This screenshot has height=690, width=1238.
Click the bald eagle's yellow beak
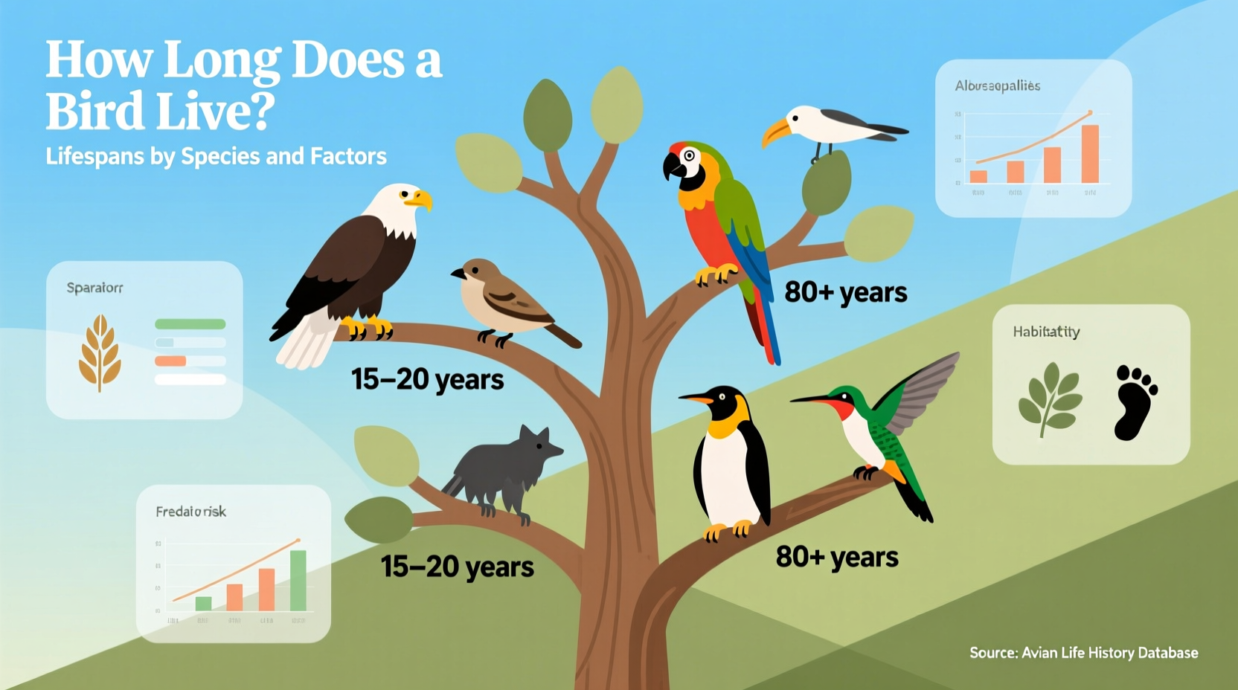point(420,199)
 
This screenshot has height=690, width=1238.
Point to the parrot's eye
point(689,156)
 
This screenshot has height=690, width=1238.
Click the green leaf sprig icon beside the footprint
point(1049,399)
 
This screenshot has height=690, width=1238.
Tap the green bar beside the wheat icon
point(190,324)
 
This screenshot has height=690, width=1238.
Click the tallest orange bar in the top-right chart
point(1090,154)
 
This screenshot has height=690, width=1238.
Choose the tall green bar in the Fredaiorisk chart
point(298,580)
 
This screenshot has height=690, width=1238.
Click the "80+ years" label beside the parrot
point(845,292)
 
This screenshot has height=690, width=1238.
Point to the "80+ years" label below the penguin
point(837,557)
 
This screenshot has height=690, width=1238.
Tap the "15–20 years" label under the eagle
point(427,379)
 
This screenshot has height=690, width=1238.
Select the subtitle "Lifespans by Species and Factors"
point(216,156)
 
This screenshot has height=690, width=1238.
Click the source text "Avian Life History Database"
point(1109,653)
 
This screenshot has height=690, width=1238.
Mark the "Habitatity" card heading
point(1046,332)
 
